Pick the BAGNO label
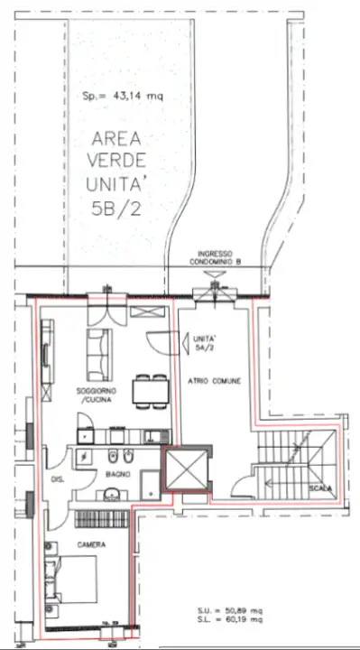pos(116,474)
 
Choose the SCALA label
pos(319,488)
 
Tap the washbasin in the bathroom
pos(112,493)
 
